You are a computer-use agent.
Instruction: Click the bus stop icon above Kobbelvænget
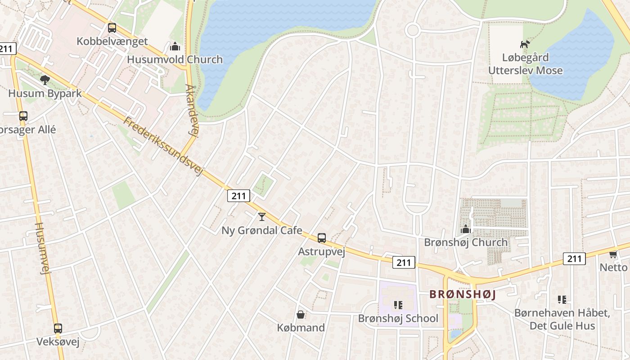[x=112, y=28]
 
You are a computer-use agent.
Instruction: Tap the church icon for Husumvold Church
[x=175, y=46]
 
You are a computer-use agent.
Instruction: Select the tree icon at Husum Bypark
[x=45, y=80]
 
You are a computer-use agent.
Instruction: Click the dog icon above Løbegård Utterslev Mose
[x=525, y=44]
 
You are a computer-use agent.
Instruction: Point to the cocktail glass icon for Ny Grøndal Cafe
[x=262, y=217]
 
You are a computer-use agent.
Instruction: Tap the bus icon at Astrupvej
[x=321, y=238]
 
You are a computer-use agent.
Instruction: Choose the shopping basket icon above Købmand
[x=300, y=315]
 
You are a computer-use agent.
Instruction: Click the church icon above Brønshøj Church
[x=466, y=229]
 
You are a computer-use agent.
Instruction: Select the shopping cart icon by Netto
[x=613, y=254]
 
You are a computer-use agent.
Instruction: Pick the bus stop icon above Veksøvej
[x=58, y=328]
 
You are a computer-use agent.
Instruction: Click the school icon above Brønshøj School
[x=398, y=305]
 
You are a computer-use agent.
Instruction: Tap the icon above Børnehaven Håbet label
[x=562, y=299]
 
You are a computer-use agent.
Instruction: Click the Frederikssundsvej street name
[x=164, y=146]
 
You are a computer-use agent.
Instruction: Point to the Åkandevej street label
[x=192, y=109]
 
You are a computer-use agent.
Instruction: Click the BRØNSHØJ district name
[x=462, y=294]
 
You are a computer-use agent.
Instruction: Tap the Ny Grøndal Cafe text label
[x=261, y=230]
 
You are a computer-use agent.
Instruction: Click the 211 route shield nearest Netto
[x=574, y=259]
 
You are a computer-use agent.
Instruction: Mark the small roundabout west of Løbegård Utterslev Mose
[x=412, y=31]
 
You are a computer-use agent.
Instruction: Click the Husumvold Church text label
[x=175, y=59]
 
